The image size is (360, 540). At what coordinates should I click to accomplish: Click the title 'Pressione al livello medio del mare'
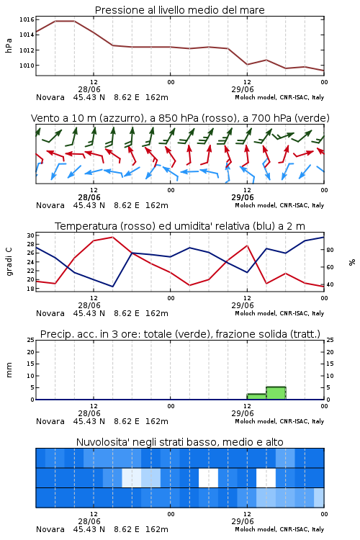[x=179, y=10]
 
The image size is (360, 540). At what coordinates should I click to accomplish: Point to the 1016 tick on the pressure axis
[x=27, y=19]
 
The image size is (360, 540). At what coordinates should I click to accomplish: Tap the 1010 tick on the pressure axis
[x=27, y=66]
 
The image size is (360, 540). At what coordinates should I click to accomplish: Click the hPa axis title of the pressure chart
[x=9, y=45]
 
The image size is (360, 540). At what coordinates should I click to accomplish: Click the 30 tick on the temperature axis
[x=30, y=235]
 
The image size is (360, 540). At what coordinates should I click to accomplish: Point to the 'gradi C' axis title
[x=9, y=261]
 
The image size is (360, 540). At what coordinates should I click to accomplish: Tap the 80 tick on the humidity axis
[x=330, y=250]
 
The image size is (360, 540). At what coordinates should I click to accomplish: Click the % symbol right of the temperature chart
[x=352, y=262]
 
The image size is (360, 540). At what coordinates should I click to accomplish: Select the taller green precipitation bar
[x=276, y=393]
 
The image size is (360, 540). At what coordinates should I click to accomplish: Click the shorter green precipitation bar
[x=256, y=397]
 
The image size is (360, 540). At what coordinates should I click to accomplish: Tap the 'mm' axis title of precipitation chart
[x=9, y=370]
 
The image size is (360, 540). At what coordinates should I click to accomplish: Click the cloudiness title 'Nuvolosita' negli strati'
[x=130, y=442]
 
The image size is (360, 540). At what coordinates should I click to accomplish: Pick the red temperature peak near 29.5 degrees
[x=112, y=238]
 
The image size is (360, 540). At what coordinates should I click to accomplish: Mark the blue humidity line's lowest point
[x=112, y=286]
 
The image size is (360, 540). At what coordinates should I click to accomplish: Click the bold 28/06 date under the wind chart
[x=89, y=198]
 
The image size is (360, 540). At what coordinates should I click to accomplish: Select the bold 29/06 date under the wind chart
[x=243, y=198]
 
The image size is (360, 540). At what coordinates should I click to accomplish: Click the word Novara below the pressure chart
[x=50, y=97]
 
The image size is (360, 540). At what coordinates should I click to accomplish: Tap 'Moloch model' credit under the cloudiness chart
[x=256, y=529]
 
